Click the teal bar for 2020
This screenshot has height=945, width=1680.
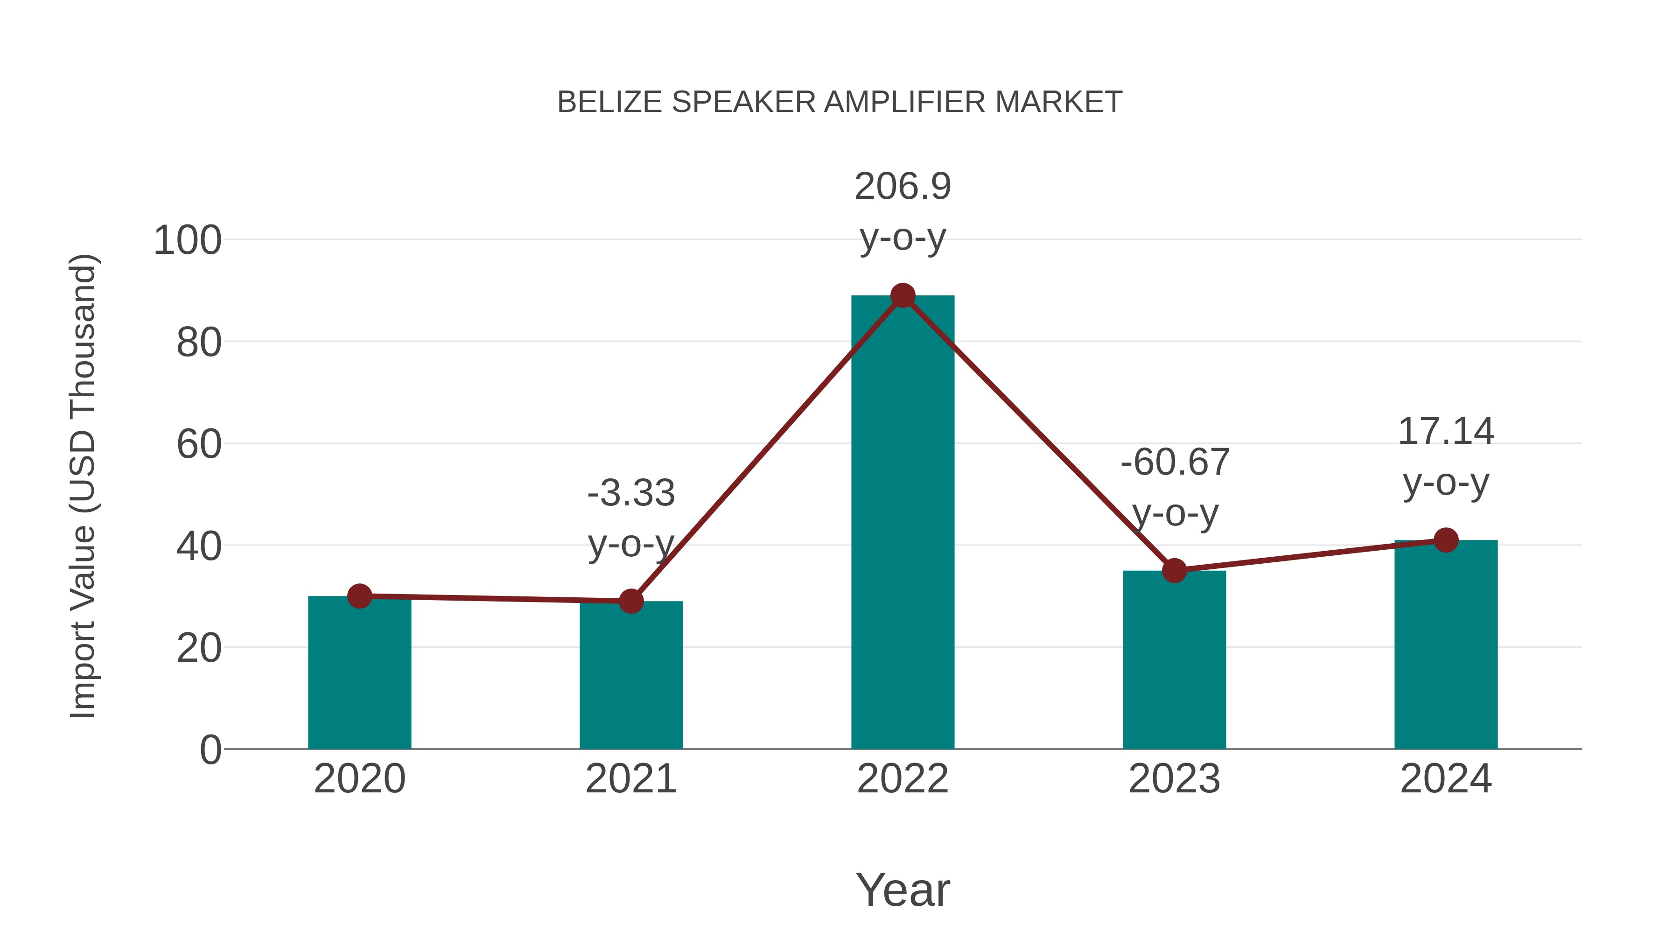point(359,675)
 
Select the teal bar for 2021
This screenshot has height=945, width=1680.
point(630,678)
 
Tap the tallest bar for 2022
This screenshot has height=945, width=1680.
point(903,522)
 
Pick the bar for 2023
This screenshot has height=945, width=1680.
point(1174,662)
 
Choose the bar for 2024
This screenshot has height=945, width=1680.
point(1446,646)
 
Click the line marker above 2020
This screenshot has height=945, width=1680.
point(359,596)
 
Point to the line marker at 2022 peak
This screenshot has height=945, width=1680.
point(903,296)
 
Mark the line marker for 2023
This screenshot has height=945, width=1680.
point(1174,571)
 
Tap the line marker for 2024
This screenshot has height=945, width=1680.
point(1446,540)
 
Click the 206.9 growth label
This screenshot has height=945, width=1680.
point(903,187)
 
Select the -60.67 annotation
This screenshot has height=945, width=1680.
point(1175,463)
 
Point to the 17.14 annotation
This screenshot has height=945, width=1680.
point(1446,432)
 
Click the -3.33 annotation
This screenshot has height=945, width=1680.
point(630,494)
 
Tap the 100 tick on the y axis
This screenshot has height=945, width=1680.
point(187,241)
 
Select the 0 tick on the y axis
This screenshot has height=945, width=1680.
point(210,750)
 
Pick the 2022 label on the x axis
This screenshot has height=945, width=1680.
point(903,779)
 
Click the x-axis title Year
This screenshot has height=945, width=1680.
point(903,890)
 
